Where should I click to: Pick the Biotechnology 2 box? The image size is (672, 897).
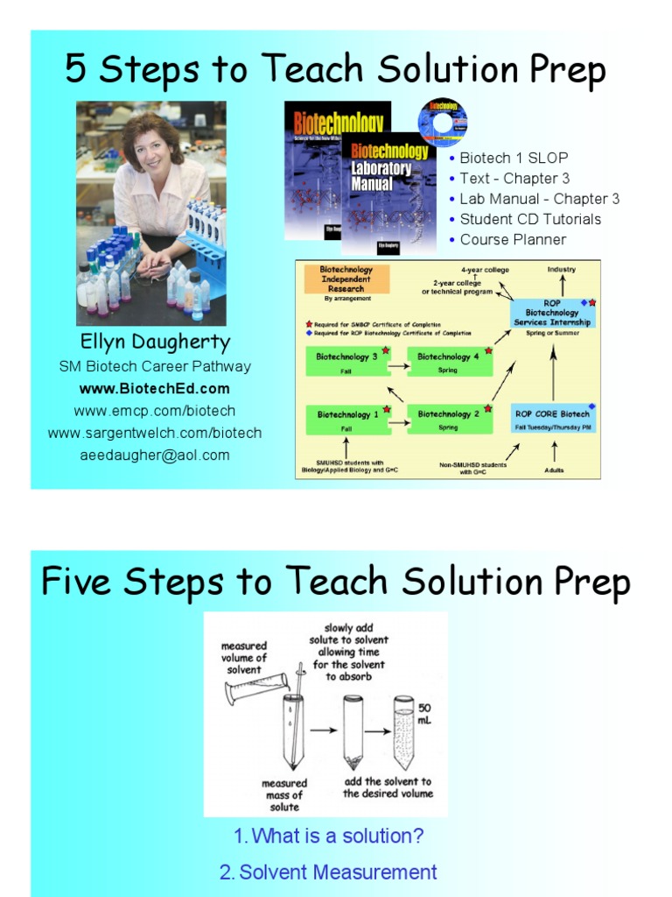tap(448, 418)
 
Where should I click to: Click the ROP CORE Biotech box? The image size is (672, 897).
tap(552, 418)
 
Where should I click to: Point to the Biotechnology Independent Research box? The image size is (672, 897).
tap(346, 280)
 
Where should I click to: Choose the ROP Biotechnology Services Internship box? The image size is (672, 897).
tap(552, 312)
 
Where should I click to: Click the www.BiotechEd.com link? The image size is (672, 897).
tap(154, 388)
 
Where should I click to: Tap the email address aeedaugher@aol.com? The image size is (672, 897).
tap(155, 455)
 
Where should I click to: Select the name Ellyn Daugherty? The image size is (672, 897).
tap(154, 342)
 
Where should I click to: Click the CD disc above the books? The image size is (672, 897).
tap(442, 121)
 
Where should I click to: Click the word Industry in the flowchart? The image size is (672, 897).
tap(562, 270)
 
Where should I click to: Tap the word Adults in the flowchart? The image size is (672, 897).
tap(553, 470)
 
